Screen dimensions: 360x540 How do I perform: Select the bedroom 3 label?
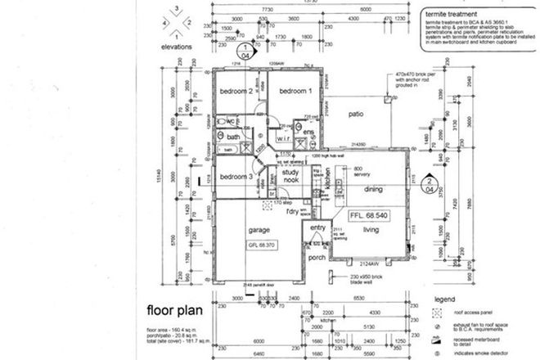pyautogui.click(x=236, y=176)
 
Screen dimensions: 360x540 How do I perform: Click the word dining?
pyautogui.click(x=373, y=189)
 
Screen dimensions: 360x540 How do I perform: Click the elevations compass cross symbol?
pyautogui.click(x=175, y=23)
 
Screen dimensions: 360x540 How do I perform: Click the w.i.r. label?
pyautogui.click(x=286, y=137)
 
